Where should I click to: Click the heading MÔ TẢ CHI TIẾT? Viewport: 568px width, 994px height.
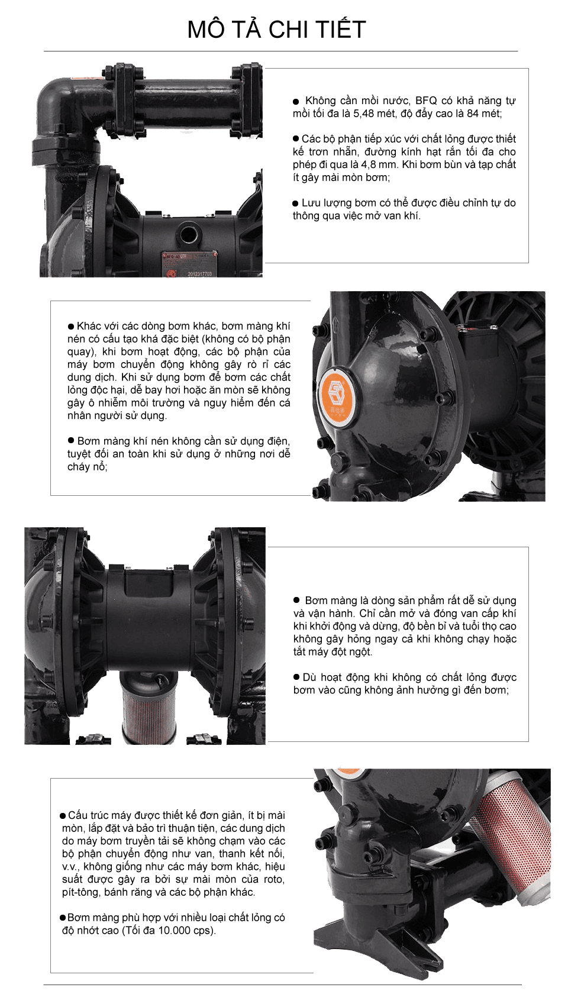coord(276,30)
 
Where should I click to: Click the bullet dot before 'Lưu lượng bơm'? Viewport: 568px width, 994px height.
coord(296,203)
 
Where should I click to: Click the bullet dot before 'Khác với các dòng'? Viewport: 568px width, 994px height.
coord(71,326)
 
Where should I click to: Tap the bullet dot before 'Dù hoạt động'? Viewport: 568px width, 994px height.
coord(297,677)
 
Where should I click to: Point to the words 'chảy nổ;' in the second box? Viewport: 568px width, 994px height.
coord(87,466)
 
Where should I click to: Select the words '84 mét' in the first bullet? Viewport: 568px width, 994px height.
coord(483,114)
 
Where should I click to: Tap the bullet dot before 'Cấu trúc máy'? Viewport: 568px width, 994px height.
coord(63,816)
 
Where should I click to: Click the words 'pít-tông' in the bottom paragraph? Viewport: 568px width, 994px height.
coord(80,892)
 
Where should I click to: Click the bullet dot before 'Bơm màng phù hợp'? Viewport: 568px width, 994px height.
coord(63,918)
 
